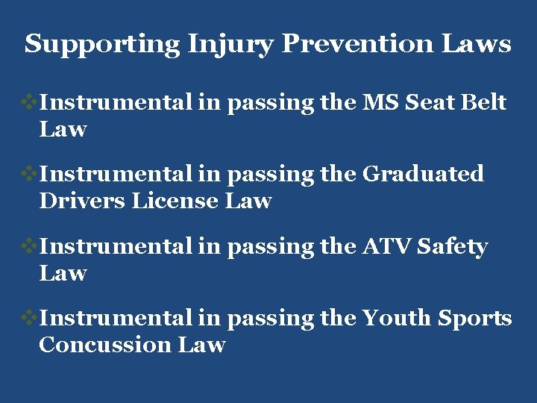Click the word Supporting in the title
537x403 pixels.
[x=102, y=44]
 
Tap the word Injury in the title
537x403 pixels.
[x=230, y=44]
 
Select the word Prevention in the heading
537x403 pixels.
[x=357, y=44]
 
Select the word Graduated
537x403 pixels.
[x=423, y=175]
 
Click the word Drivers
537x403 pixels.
[x=82, y=201]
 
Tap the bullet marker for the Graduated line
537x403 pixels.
[x=30, y=174]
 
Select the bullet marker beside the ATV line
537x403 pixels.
[x=30, y=246]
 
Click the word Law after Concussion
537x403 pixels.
[x=202, y=345]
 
